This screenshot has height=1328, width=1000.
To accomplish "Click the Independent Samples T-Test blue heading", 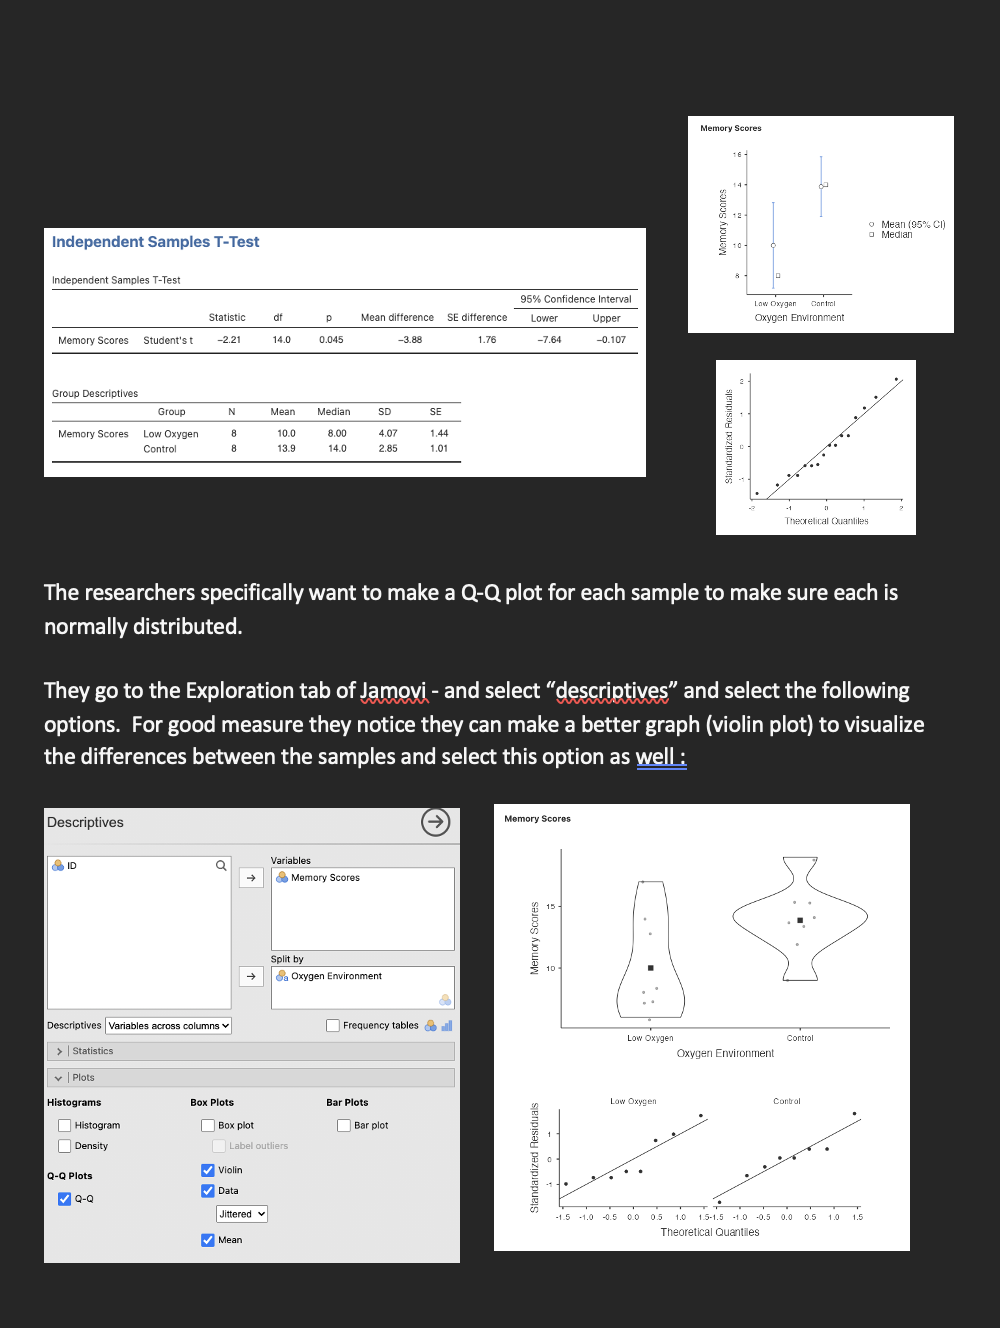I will tap(155, 242).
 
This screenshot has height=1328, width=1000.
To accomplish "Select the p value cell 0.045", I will tap(331, 340).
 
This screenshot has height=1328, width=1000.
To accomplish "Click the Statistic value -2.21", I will tap(229, 340).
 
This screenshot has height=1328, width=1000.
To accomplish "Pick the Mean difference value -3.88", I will tap(410, 340).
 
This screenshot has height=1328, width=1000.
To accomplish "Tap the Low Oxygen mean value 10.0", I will tap(286, 434).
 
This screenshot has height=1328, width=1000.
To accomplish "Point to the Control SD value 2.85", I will tap(388, 449).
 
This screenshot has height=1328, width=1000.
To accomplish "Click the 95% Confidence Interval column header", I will tap(576, 299).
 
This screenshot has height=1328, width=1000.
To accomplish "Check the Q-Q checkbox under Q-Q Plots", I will tap(65, 1199).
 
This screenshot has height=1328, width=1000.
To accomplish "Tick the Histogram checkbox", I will tap(65, 1126).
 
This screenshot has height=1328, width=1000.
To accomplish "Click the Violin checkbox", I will tap(208, 1170).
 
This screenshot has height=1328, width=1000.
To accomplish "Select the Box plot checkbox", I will tap(208, 1126).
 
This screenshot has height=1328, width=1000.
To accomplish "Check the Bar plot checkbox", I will tap(344, 1126).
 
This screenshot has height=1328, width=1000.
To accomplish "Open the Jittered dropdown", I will tap(242, 1214).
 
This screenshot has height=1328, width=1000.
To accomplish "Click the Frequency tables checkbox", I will tap(333, 1026).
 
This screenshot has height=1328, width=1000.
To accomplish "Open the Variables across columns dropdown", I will tap(168, 1026).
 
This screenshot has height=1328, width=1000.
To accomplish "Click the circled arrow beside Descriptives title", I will tap(436, 823).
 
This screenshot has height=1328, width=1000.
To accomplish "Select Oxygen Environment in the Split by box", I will tap(336, 976).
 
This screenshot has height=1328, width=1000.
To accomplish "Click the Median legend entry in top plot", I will tap(896, 235).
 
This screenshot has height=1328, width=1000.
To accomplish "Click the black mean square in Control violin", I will tap(800, 920).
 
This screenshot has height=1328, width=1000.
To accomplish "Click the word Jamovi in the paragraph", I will tap(393, 691).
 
